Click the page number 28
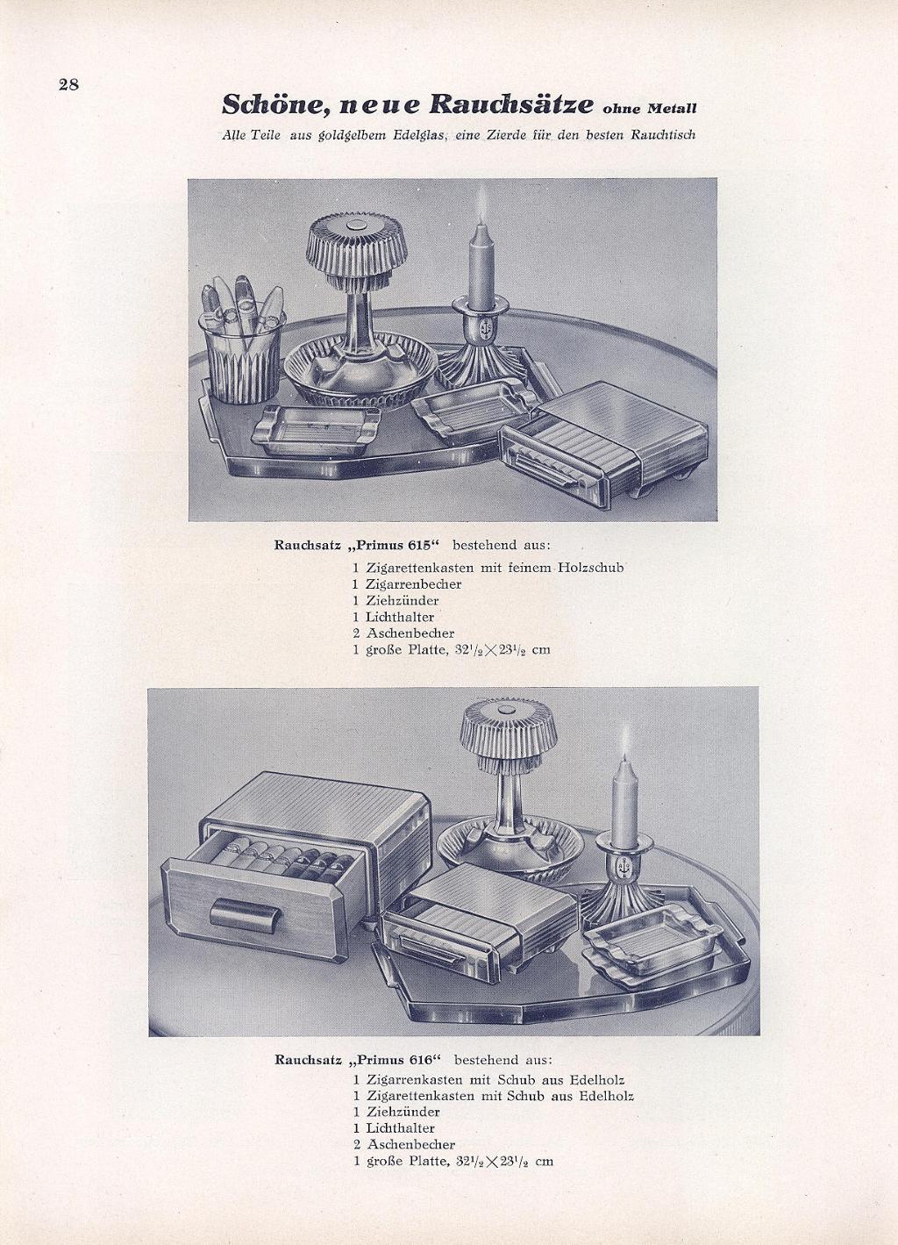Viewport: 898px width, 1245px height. click(x=68, y=85)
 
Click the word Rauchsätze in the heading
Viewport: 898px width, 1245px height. click(x=512, y=104)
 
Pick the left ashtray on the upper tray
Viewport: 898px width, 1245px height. click(x=317, y=430)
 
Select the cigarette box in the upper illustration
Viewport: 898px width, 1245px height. click(x=603, y=442)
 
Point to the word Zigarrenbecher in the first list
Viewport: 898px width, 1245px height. click(x=414, y=584)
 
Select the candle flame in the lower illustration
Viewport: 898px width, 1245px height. click(x=627, y=741)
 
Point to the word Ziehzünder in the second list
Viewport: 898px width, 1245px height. click(x=403, y=1097)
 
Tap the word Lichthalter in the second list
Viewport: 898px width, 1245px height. click(x=401, y=1113)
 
